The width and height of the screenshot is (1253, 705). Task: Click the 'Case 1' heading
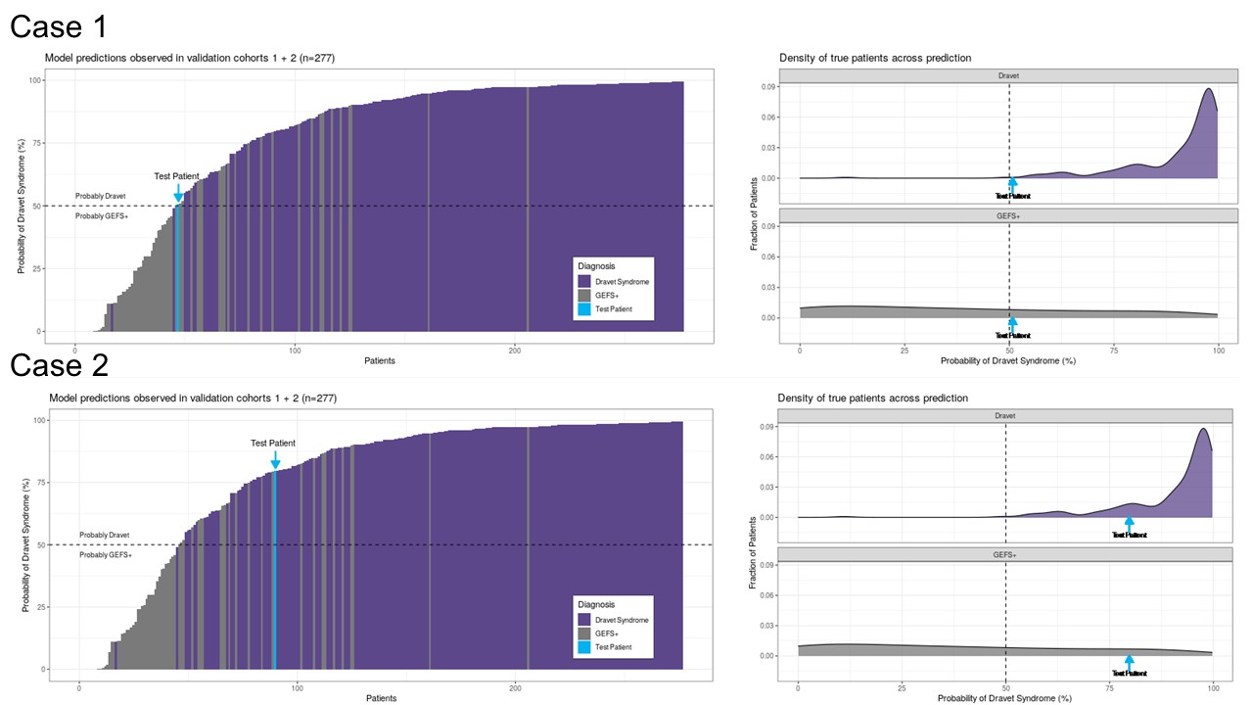click(59, 26)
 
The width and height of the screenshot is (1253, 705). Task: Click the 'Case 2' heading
click(59, 365)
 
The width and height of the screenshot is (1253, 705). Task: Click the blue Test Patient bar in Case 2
click(275, 568)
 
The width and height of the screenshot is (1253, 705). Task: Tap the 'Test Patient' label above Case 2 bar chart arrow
click(273, 443)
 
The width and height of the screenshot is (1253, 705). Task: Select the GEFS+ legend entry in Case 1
click(614, 295)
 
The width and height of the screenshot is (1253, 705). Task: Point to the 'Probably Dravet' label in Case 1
click(101, 196)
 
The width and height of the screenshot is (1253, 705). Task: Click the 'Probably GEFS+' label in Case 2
click(106, 554)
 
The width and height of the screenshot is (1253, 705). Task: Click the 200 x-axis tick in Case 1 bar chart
click(515, 350)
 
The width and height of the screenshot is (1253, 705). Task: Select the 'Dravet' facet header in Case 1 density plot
click(1009, 75)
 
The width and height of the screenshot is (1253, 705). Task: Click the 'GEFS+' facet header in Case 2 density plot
click(1005, 555)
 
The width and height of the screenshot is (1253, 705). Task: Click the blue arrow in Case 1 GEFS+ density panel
click(1013, 324)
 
